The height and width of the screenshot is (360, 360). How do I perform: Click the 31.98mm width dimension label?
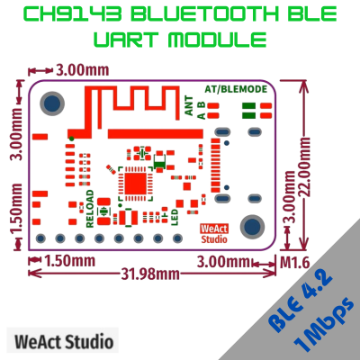pyautogui.click(x=150, y=274)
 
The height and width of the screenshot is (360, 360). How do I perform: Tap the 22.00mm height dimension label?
pyautogui.click(x=305, y=167)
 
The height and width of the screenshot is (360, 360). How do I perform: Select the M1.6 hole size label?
pyautogui.click(x=294, y=263)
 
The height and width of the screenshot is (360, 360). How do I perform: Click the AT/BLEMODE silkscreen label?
pyautogui.click(x=236, y=89)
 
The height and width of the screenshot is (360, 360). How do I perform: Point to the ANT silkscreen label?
pyautogui.click(x=189, y=105)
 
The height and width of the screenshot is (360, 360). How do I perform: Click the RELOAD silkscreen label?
pyautogui.click(x=90, y=209)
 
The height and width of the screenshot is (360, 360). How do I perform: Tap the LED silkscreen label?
pyautogui.click(x=175, y=217)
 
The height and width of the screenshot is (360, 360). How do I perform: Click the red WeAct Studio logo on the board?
pyautogui.click(x=214, y=234)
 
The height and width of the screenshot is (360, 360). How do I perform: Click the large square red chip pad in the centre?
pyautogui.click(x=135, y=184)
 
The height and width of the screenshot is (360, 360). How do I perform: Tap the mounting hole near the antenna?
pyautogui.click(x=52, y=103)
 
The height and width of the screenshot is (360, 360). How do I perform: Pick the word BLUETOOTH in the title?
pyautogui.click(x=205, y=13)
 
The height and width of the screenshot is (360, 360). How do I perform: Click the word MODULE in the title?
pyautogui.click(x=218, y=40)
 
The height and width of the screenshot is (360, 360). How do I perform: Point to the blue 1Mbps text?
pyautogui.click(x=325, y=325)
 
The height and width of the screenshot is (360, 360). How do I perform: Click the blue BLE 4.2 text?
pyautogui.click(x=300, y=301)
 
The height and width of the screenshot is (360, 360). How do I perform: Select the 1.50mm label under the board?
pyautogui.click(x=70, y=261)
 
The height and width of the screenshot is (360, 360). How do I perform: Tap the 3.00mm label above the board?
pyautogui.click(x=82, y=70)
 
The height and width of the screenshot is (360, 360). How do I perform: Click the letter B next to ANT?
pyautogui.click(x=202, y=104)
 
